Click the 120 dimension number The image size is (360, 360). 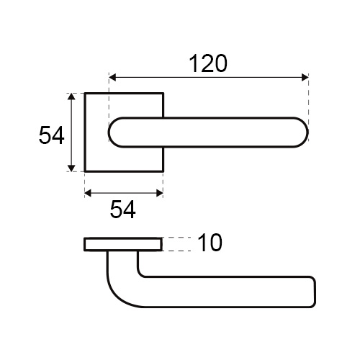[x=208, y=63]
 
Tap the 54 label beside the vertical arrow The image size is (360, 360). [x=51, y=135]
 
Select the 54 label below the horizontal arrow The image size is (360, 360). [x=122, y=210]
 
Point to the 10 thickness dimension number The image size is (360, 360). [x=210, y=243]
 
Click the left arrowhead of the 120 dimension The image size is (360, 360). [x=113, y=78]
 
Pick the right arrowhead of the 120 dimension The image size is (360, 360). [x=305, y=78]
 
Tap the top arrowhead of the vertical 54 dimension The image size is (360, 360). [x=71, y=96]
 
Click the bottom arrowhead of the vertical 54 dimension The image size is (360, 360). [x=71, y=168]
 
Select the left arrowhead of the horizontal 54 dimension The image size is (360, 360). [x=89, y=193]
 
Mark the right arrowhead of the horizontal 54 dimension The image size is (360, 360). [x=160, y=193]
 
